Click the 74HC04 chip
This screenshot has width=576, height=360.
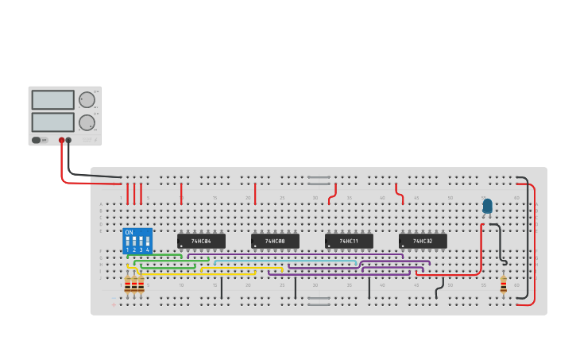point(201,241)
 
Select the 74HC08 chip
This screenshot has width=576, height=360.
point(275,241)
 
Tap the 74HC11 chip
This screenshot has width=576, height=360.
point(349,241)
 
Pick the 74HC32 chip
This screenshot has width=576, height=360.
point(423,241)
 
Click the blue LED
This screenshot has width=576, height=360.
point(487,206)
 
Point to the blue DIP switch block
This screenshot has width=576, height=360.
point(137,241)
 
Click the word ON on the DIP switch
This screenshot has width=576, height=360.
point(129,232)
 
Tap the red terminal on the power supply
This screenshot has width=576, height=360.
point(61,141)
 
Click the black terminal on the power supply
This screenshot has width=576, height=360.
point(68,141)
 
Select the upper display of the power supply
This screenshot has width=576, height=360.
point(52,99)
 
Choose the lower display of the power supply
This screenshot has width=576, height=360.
point(52,122)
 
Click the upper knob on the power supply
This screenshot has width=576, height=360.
point(86,99)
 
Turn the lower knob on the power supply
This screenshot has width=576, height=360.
point(86,122)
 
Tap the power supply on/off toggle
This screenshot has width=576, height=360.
point(36,141)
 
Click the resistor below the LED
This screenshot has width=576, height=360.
point(503,285)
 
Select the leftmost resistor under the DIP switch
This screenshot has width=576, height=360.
point(127,284)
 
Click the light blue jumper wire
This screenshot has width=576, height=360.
point(286,260)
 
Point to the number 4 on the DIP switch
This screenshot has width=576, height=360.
point(148,250)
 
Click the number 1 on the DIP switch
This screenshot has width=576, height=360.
point(127,250)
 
